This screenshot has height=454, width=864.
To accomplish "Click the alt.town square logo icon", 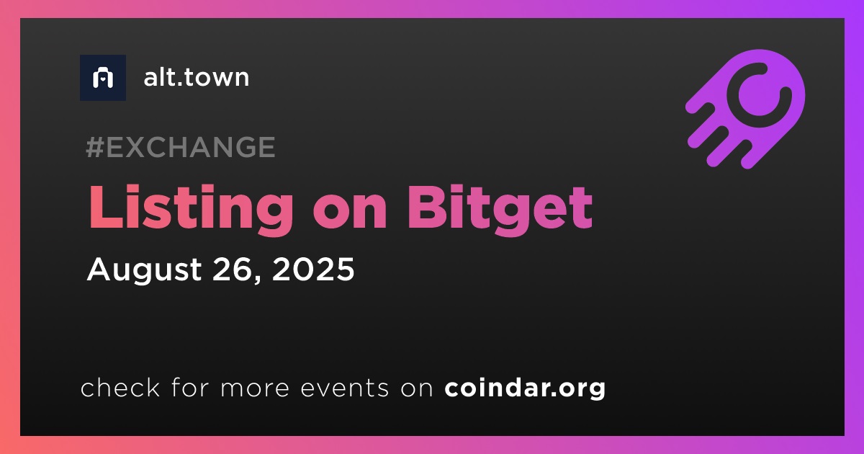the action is coord(103,78).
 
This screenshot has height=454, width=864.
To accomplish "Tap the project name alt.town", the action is coord(197,77).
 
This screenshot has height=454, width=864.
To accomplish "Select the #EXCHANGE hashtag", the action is coord(181,147).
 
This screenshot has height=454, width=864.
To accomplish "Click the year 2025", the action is coord(313,269).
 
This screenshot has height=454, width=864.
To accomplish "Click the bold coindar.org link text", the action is coord(525,388).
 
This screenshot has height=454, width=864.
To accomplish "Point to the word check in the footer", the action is coord(120,387).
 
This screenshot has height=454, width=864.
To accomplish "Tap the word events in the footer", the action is coord(345,388).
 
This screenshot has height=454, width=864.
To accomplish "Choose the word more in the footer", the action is coord(255,388).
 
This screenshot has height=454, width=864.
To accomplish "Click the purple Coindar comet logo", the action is coord(745,109).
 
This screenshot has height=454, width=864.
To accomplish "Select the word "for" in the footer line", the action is coord(190,387).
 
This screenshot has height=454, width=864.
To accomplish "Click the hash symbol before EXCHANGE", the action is coord(95,147).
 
